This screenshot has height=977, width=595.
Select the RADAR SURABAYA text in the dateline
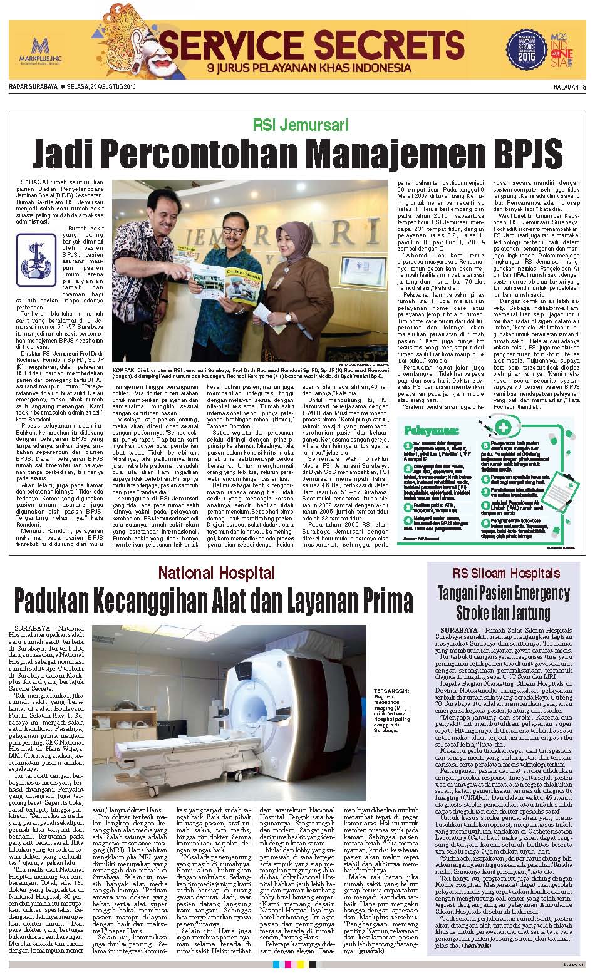pyautogui.click(x=33, y=86)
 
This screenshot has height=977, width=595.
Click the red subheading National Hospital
pyautogui.click(x=216, y=572)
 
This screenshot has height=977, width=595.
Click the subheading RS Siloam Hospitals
pyautogui.click(x=507, y=573)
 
